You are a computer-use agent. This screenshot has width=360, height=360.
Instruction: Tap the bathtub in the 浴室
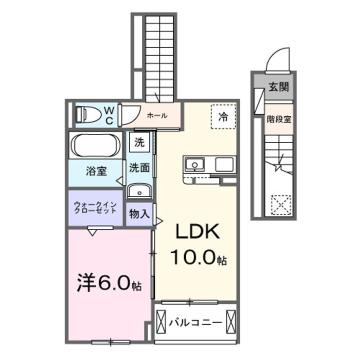point(95,145)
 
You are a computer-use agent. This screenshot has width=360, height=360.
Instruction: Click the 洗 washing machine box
point(140,142)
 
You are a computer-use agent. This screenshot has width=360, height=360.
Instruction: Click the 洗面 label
point(139,168)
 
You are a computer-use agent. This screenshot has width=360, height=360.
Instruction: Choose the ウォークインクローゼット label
point(95,207)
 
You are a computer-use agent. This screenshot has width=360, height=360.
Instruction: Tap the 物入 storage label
point(139,214)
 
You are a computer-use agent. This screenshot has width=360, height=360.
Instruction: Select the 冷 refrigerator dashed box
point(223,117)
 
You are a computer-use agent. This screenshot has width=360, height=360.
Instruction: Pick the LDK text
point(196,232)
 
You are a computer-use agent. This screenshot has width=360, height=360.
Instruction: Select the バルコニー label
point(195,322)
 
